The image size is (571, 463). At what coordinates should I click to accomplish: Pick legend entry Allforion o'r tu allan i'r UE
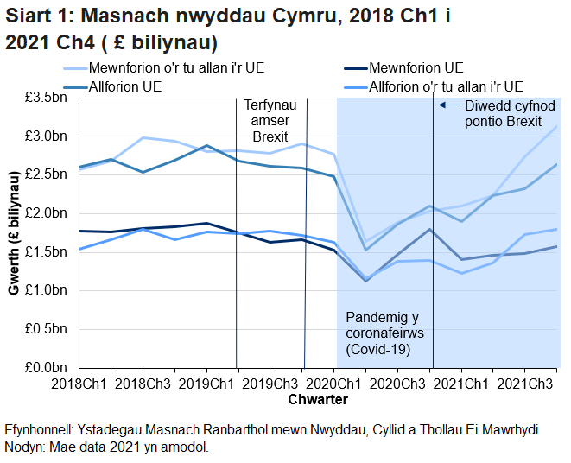445,86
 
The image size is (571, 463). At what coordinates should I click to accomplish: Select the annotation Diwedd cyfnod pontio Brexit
503,113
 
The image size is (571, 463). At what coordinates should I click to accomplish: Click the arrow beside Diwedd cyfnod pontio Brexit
447,105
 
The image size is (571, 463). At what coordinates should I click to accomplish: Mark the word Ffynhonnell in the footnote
38,429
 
